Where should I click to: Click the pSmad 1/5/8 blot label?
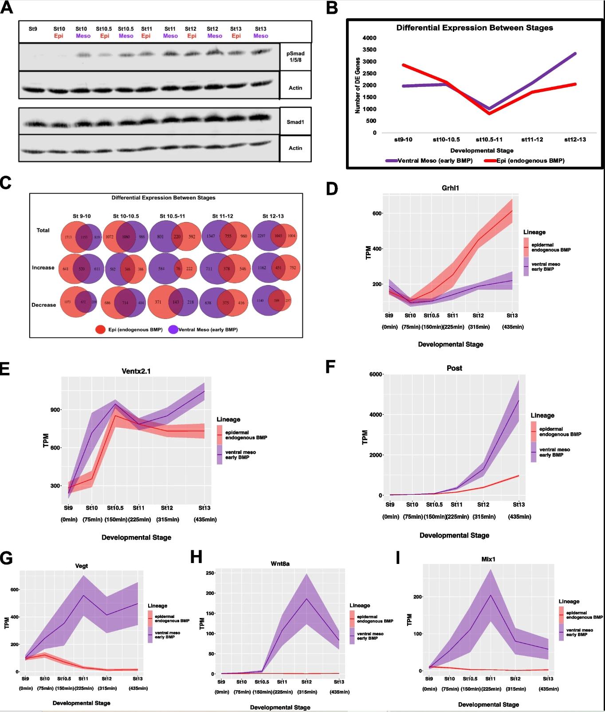click(x=295, y=56)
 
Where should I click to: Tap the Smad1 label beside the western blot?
click(x=295, y=121)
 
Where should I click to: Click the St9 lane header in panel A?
click(x=33, y=29)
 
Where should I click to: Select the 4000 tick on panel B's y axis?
click(x=369, y=38)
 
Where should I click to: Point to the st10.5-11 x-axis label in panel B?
click(x=490, y=140)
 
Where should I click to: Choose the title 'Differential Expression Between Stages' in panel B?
click(x=475, y=28)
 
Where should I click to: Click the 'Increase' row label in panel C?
click(x=43, y=268)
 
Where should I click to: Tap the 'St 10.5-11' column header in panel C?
click(x=173, y=216)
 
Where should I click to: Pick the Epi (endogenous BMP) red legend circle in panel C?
click(x=101, y=329)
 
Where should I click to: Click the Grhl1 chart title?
click(x=451, y=188)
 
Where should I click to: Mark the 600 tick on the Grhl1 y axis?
click(x=377, y=213)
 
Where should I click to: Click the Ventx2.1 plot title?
click(x=136, y=371)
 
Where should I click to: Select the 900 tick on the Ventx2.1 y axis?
click(x=55, y=410)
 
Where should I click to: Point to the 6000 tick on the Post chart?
click(x=376, y=375)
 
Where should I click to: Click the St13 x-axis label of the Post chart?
click(x=519, y=505)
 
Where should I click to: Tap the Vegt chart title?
click(x=82, y=566)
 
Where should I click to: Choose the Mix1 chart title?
click(x=488, y=559)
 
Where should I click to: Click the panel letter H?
click(x=196, y=557)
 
